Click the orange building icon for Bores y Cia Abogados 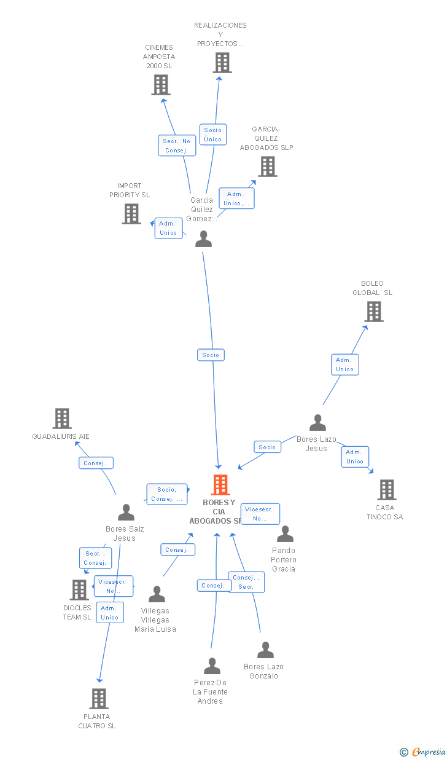click(x=220, y=485)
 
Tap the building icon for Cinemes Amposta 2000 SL click(x=161, y=85)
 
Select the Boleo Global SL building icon click(x=373, y=312)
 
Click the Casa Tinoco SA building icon click(x=386, y=490)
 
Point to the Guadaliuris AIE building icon click(x=62, y=419)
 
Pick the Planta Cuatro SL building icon click(x=99, y=699)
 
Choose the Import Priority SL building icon click(x=131, y=214)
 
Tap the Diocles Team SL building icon click(x=79, y=590)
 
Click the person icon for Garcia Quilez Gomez click(x=203, y=239)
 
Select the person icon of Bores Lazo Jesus click(x=317, y=423)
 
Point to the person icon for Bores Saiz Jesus click(x=126, y=513)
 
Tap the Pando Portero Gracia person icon click(x=285, y=534)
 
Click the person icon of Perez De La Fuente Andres click(x=212, y=666)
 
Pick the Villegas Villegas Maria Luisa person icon click(x=157, y=594)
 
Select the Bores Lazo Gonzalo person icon click(x=265, y=650)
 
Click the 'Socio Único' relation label click(x=213, y=135)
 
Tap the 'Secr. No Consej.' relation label click(x=177, y=146)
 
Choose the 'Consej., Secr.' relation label click(x=246, y=582)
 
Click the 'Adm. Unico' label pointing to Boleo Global click(x=344, y=364)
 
